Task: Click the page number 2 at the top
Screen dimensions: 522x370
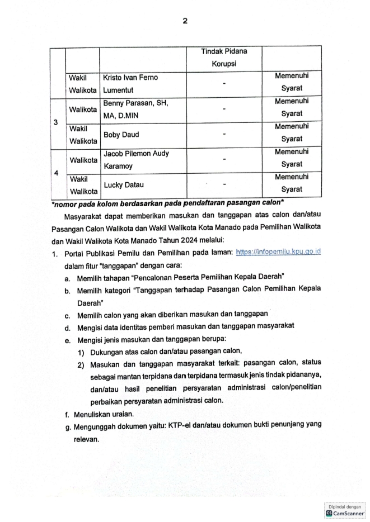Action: point(185,21)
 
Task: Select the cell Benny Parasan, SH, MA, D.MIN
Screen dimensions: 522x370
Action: point(135,108)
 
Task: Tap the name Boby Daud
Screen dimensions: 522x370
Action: point(121,135)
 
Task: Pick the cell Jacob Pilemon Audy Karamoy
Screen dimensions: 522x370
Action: point(136,159)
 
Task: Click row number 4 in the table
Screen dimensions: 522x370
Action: point(58,173)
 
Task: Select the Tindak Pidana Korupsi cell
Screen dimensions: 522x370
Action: point(224,58)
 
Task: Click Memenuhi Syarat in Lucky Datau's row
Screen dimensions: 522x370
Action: point(292,184)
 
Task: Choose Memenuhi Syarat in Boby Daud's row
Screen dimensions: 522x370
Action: point(292,134)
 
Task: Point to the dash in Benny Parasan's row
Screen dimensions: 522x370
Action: point(224,109)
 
